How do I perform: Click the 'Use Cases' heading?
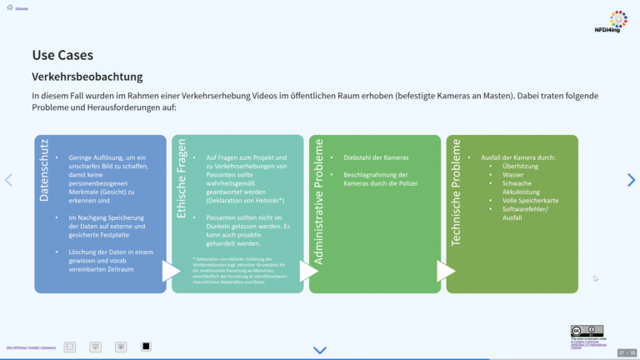pyautogui.click(x=57, y=55)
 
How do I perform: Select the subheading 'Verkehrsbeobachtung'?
pyautogui.click(x=87, y=77)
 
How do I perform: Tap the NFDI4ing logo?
pyautogui.click(x=617, y=22)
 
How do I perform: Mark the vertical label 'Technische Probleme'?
pyautogui.click(x=456, y=192)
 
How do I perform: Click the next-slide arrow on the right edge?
pyautogui.click(x=631, y=180)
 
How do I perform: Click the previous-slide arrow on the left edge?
pyautogui.click(x=9, y=180)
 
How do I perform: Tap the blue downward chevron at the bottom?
pyautogui.click(x=320, y=350)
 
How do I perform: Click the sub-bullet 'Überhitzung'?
pyautogui.click(x=521, y=167)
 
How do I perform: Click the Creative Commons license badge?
pyautogui.click(x=587, y=331)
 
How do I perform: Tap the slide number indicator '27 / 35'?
pyautogui.click(x=627, y=352)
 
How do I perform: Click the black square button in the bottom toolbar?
pyautogui.click(x=146, y=346)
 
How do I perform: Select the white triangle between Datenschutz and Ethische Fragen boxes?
pyautogui.click(x=170, y=272)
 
